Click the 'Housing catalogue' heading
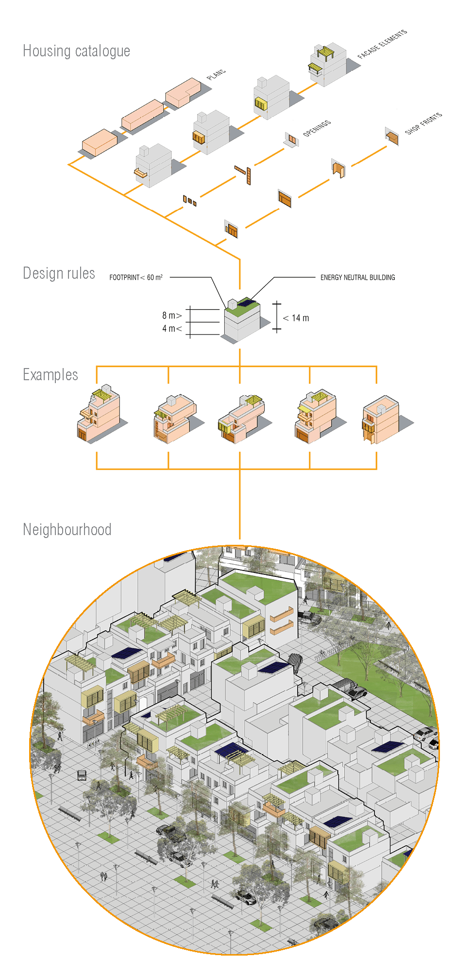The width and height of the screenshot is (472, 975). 76,51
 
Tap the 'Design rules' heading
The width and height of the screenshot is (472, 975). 59,273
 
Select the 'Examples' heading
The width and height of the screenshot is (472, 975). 51,375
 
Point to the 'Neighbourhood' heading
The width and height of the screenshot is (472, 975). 67,529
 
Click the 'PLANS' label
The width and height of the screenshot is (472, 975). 216,75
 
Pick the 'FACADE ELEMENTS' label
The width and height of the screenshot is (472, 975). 382,44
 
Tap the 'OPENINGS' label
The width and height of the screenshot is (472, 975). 317,128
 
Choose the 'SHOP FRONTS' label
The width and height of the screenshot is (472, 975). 423,123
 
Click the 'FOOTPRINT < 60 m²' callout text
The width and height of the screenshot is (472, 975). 136,278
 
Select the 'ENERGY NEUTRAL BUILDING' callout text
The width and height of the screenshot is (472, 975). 357,278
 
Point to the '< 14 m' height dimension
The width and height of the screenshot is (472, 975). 296,318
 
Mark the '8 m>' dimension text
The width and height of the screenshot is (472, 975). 172,316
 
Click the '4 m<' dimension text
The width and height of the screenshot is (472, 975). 172,329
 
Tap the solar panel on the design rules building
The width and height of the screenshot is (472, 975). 247,303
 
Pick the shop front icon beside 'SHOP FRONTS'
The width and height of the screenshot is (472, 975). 392,137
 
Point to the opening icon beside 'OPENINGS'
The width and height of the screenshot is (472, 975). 291,139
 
